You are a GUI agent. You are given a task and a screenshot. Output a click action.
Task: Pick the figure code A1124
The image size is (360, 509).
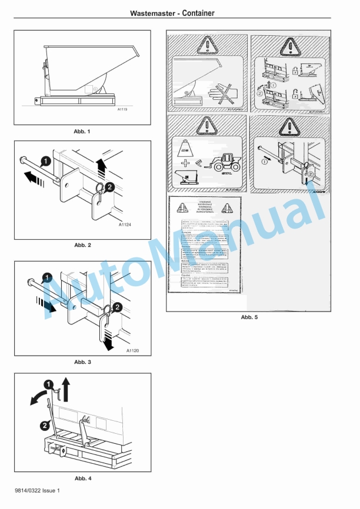click(x=125, y=225)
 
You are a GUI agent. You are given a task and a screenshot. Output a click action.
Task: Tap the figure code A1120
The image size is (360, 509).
click(x=132, y=350)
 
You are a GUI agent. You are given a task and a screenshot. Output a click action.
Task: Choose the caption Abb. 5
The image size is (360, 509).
click(x=249, y=317)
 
